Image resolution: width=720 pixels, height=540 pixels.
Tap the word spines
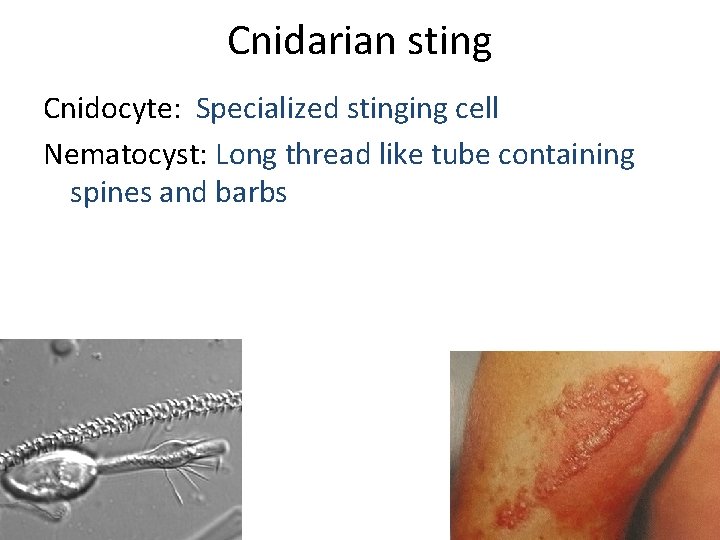pyautogui.click(x=111, y=193)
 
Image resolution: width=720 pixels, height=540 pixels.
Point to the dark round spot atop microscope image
pyautogui.click(x=64, y=348)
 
